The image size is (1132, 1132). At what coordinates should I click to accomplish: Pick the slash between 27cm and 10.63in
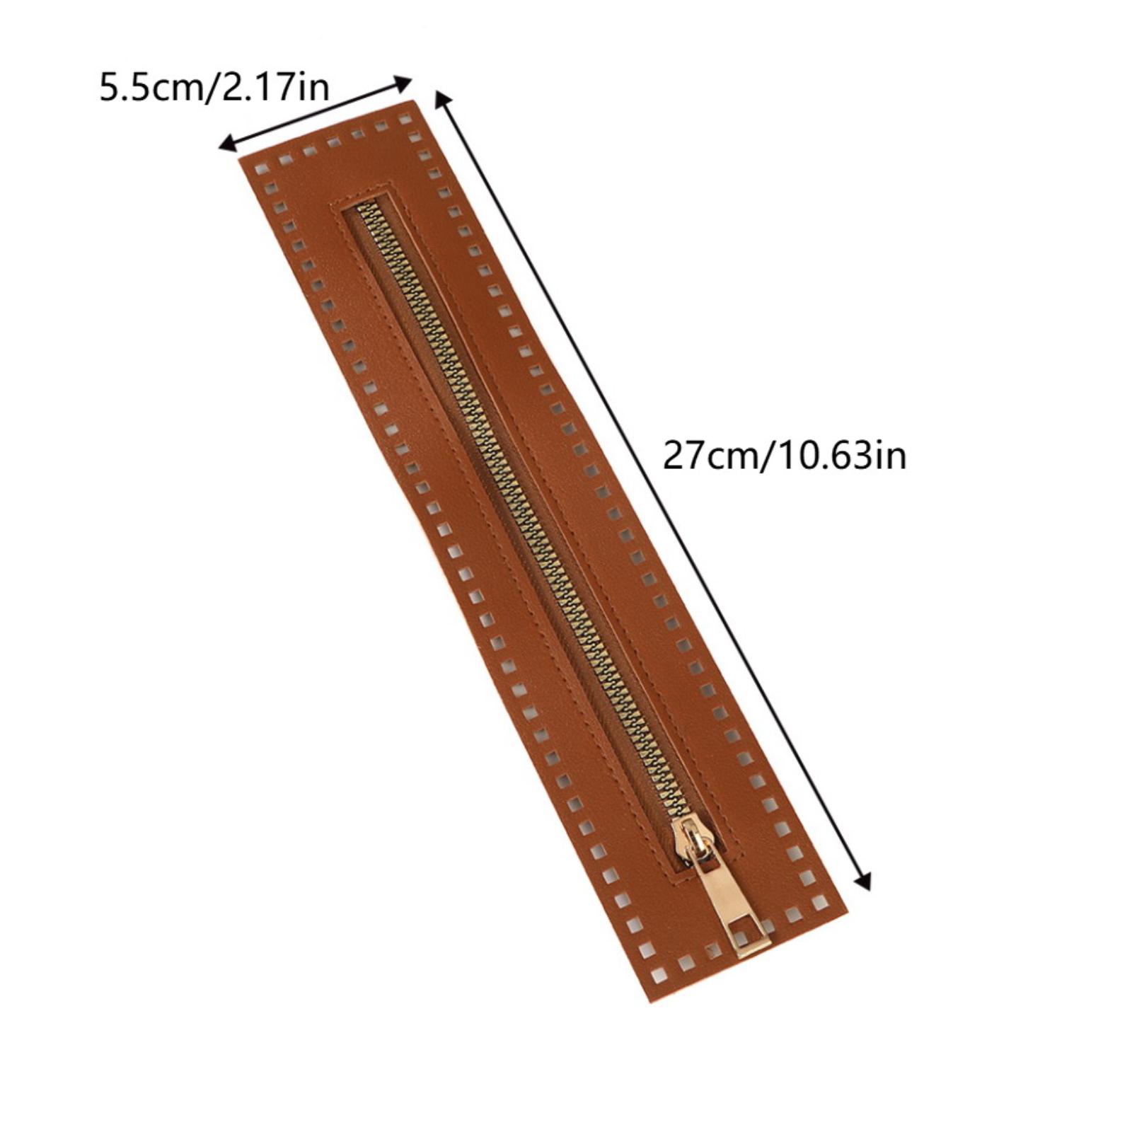tap(768, 456)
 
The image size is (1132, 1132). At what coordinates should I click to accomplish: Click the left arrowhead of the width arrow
tap(228, 144)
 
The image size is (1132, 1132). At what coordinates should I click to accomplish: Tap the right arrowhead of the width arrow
tap(402, 83)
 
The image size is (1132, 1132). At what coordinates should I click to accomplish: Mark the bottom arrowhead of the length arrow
tap(862, 879)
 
